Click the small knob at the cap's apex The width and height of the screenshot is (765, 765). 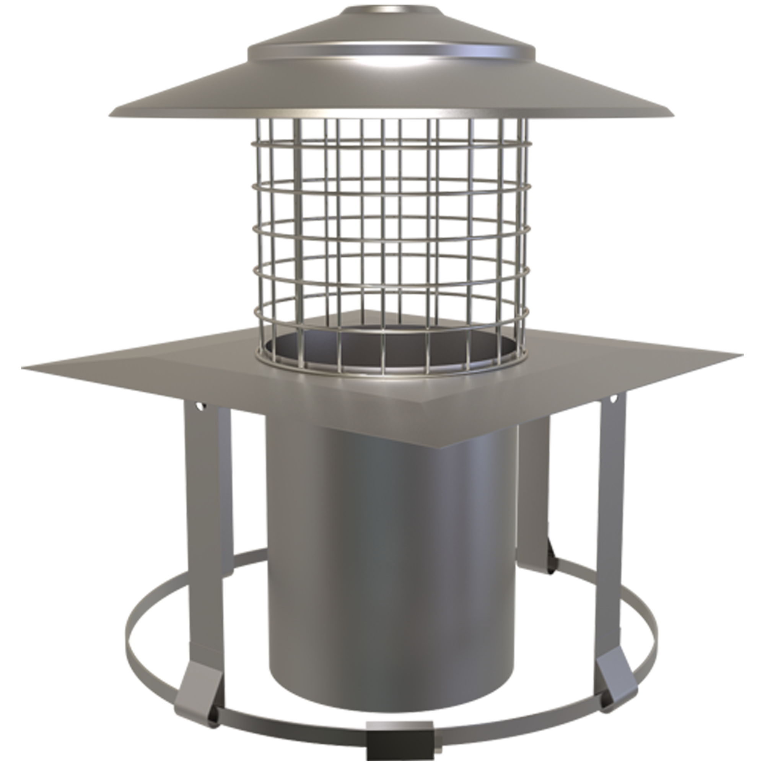click(x=390, y=9)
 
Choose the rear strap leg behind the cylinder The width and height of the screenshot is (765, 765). click(x=532, y=495)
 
